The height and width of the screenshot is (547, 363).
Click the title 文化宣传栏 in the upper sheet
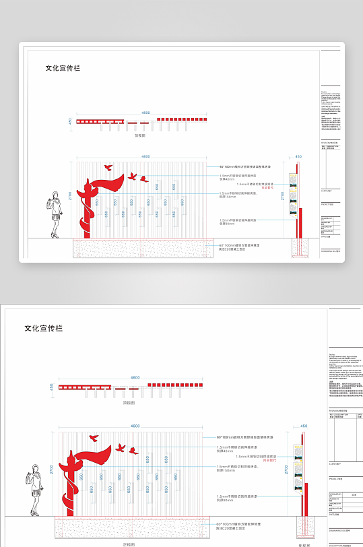pyautogui.click(x=63, y=68)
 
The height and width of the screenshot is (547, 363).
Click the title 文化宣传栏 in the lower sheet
pyautogui.click(x=44, y=328)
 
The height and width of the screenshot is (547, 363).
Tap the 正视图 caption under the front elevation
pyautogui.click(x=130, y=544)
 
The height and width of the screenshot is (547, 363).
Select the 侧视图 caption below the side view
pyautogui.click(x=304, y=544)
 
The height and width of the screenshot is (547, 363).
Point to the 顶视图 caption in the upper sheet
pyautogui.click(x=140, y=135)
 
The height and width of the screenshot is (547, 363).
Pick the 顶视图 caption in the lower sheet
pyautogui.click(x=129, y=402)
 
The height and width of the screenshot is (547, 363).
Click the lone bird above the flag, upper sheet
pyautogui.click(x=108, y=166)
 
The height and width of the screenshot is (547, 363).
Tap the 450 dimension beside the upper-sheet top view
pyautogui.click(x=69, y=121)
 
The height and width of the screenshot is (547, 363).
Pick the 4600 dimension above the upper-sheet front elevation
pyautogui.click(x=145, y=157)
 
